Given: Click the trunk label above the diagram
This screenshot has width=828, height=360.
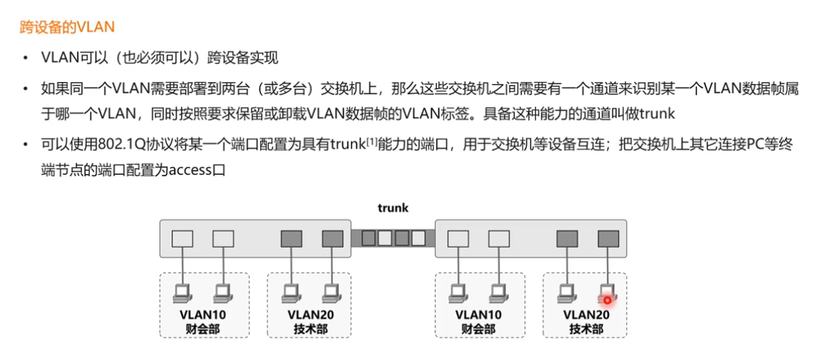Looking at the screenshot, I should click(393, 207).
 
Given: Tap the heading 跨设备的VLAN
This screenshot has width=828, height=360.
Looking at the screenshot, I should click(67, 28).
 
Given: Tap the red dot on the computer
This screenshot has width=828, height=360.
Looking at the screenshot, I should click(607, 300).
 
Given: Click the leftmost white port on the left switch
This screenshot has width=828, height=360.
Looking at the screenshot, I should click(182, 239).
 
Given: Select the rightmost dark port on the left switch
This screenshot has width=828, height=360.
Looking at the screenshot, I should click(332, 239).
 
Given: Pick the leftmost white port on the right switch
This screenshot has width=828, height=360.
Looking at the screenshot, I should click(458, 239).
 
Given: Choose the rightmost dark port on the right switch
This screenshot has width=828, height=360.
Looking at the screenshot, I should click(607, 239).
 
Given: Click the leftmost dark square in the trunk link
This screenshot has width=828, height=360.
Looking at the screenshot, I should click(368, 239).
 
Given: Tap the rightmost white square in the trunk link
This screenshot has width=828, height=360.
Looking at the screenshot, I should click(419, 239).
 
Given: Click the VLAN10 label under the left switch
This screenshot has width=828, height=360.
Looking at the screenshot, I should click(203, 314).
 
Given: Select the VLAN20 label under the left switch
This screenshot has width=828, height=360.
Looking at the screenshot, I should click(310, 314).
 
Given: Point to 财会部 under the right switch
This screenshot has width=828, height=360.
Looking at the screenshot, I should click(479, 328).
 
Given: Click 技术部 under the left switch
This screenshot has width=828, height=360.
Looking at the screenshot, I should click(310, 328).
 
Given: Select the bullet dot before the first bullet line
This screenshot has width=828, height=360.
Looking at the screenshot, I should click(26, 57).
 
